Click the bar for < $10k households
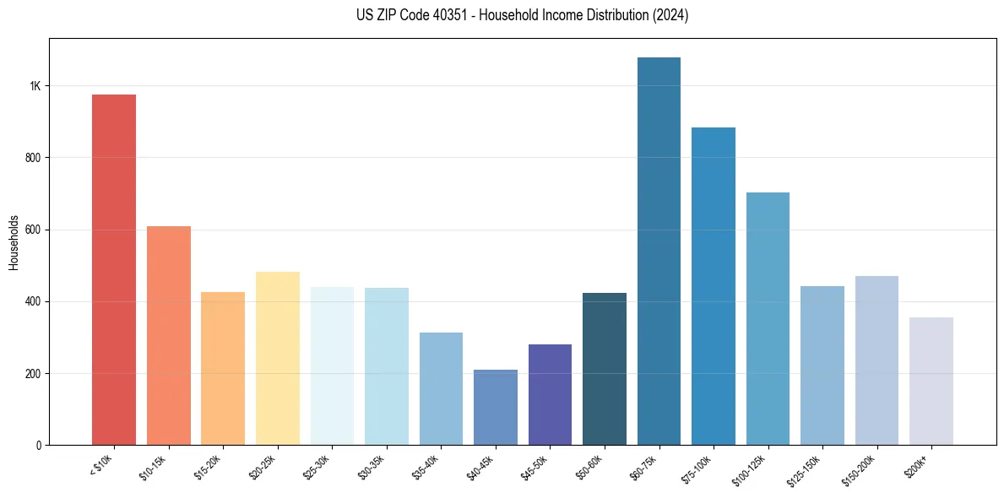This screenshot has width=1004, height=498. click(x=114, y=270)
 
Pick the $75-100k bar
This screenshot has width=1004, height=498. click(x=714, y=286)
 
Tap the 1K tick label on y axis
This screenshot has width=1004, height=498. click(x=35, y=86)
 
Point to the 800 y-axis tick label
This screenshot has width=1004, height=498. click(x=32, y=158)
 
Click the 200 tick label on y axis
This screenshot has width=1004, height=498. click(x=32, y=373)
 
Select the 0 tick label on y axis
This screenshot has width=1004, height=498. click(x=38, y=445)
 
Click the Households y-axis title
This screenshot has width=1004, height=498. click(x=14, y=241)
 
